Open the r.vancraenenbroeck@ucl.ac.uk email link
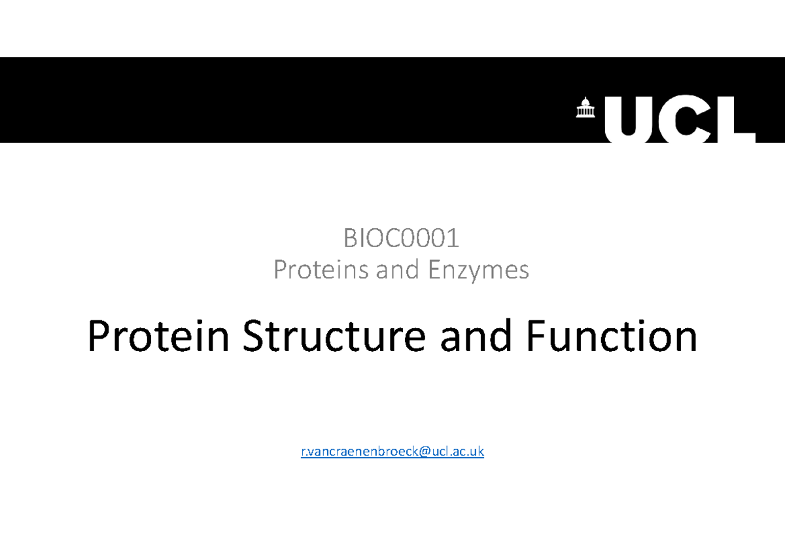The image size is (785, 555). [392, 451]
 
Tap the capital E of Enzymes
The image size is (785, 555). [434, 269]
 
